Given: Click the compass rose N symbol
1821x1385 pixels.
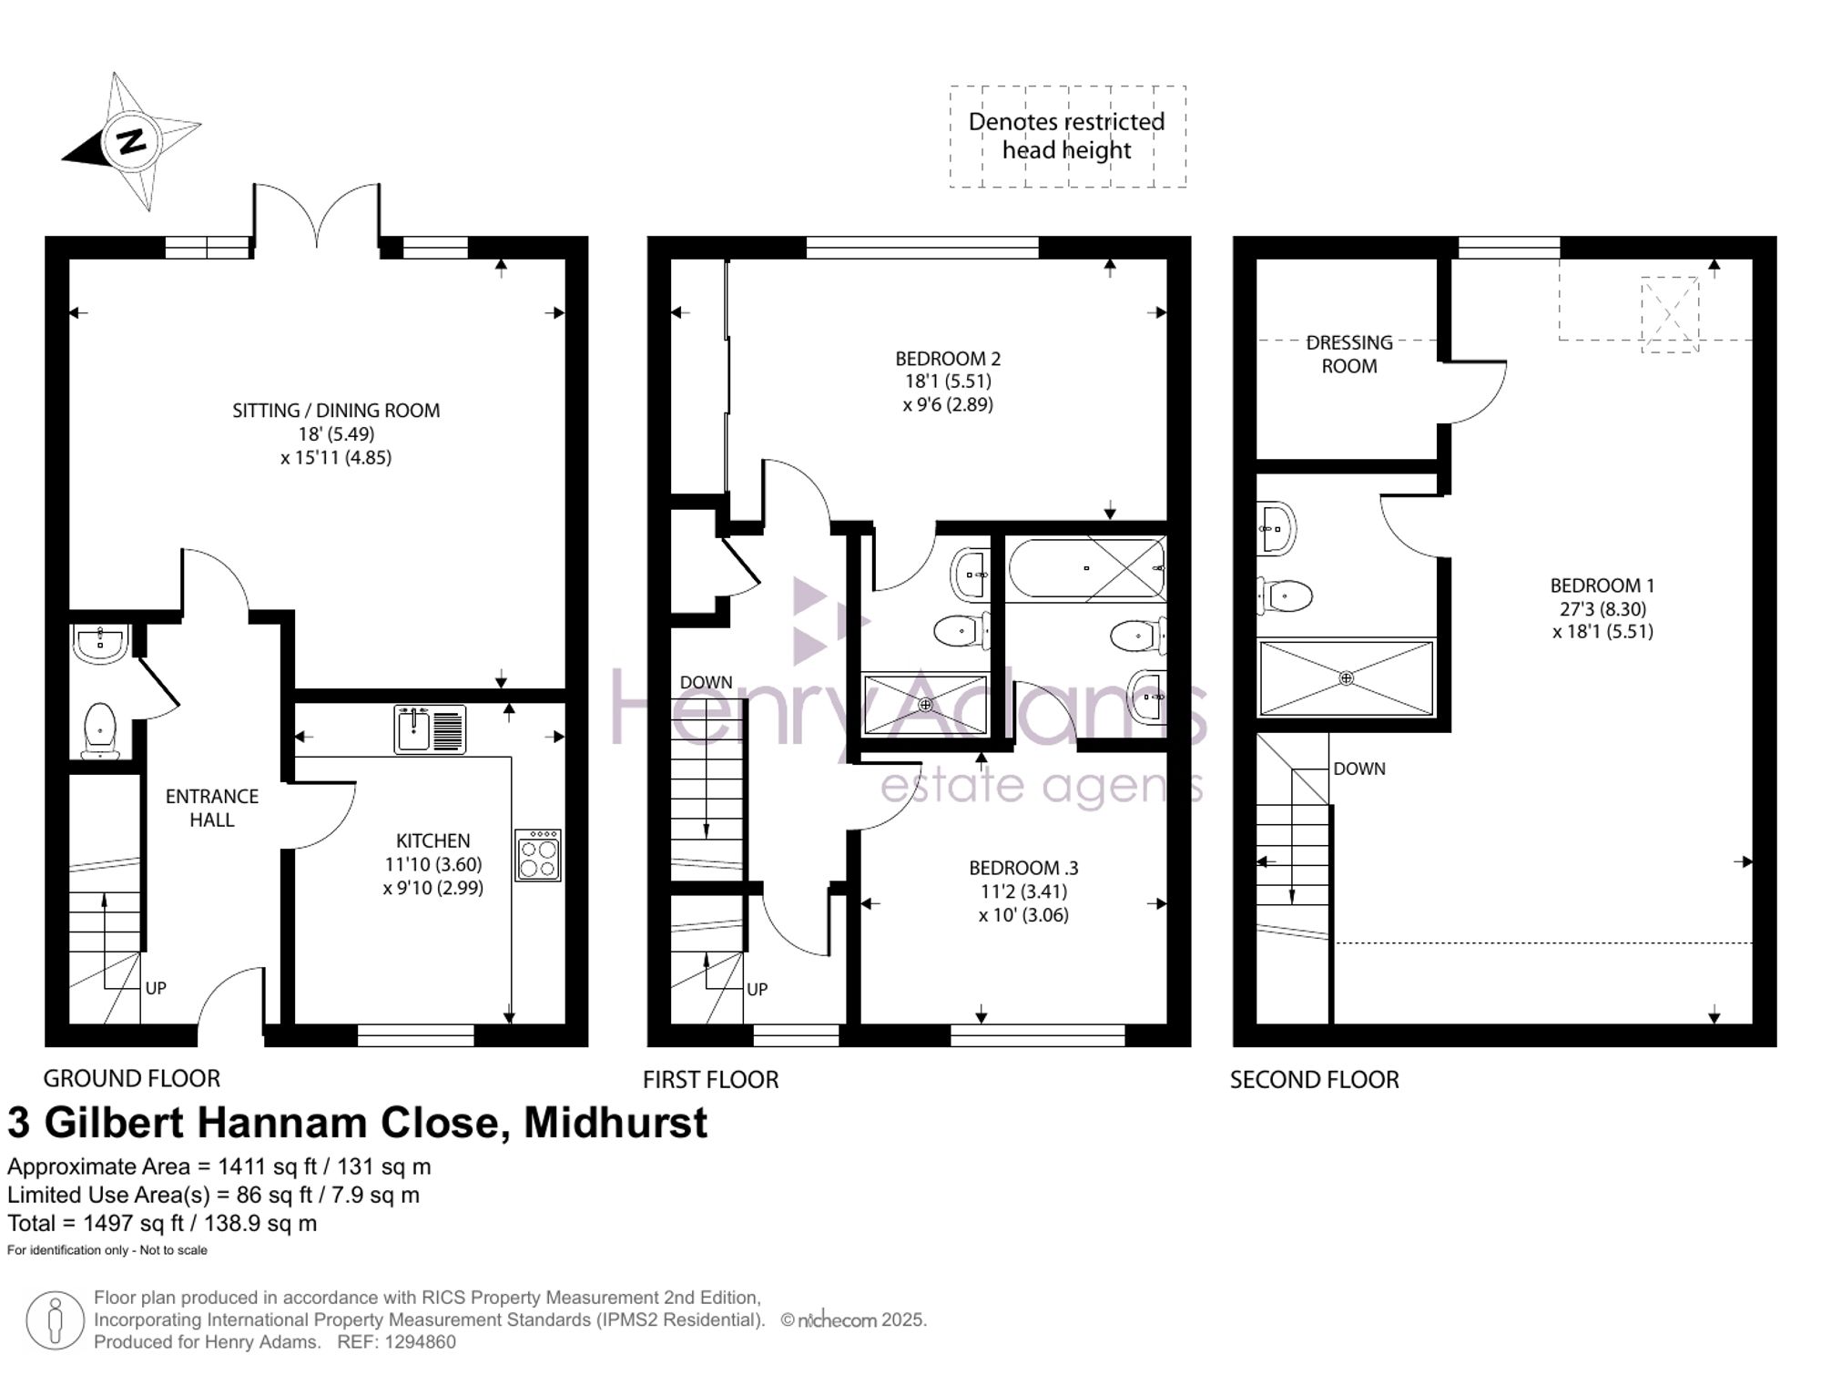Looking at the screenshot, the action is pos(133,142).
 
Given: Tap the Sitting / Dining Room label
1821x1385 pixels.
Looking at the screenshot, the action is pos(336,411).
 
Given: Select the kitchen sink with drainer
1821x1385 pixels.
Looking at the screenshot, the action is pos(430,729).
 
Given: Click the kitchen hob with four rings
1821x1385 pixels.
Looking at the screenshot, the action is pos(538,855).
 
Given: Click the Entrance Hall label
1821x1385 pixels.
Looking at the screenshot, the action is pos(212,808).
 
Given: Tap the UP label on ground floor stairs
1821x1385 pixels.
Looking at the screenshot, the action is pos(156,989).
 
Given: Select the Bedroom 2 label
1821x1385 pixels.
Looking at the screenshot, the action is pos(948,359).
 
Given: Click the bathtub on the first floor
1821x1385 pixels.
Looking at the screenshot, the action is pos(1086,568).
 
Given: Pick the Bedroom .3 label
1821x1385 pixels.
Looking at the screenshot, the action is pos(1023,868).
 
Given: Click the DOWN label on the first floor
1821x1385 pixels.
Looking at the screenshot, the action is pos(706,682).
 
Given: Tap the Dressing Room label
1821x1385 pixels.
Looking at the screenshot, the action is pos(1349,354).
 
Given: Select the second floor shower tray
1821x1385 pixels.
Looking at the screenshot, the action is pos(1346,678).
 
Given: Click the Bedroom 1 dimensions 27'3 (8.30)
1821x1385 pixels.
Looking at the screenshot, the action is pos(1602,609).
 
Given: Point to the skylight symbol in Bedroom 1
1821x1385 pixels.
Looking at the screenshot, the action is pos(1670,314).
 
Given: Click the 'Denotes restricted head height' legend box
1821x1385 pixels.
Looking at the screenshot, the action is pos(1068,137).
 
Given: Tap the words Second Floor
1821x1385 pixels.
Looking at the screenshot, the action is pos(1314,1080).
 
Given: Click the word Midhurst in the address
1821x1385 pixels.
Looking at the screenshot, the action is pos(615,1123).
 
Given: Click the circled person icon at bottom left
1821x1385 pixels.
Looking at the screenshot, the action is pos(55,1319).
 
